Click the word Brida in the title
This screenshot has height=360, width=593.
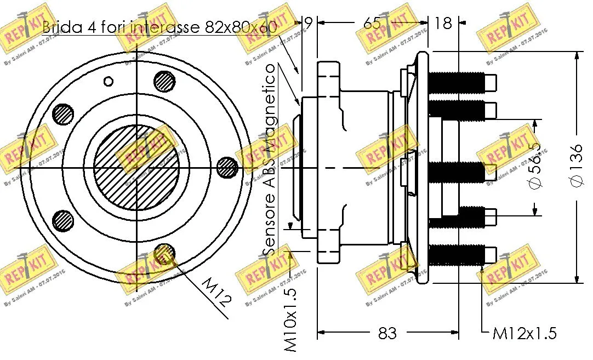click(61, 27)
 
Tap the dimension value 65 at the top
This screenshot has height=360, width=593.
click(372, 23)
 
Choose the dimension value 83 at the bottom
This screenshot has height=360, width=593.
click(387, 333)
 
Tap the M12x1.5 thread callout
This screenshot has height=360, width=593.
click(524, 333)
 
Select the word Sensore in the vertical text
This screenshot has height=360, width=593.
click(270, 228)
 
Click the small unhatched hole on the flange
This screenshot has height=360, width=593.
click(109, 82)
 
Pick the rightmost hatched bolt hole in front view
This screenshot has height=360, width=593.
click(226, 168)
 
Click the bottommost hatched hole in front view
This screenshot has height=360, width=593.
click(164, 254)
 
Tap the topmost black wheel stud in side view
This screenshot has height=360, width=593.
click(456, 82)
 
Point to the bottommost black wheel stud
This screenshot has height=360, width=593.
click(456, 254)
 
